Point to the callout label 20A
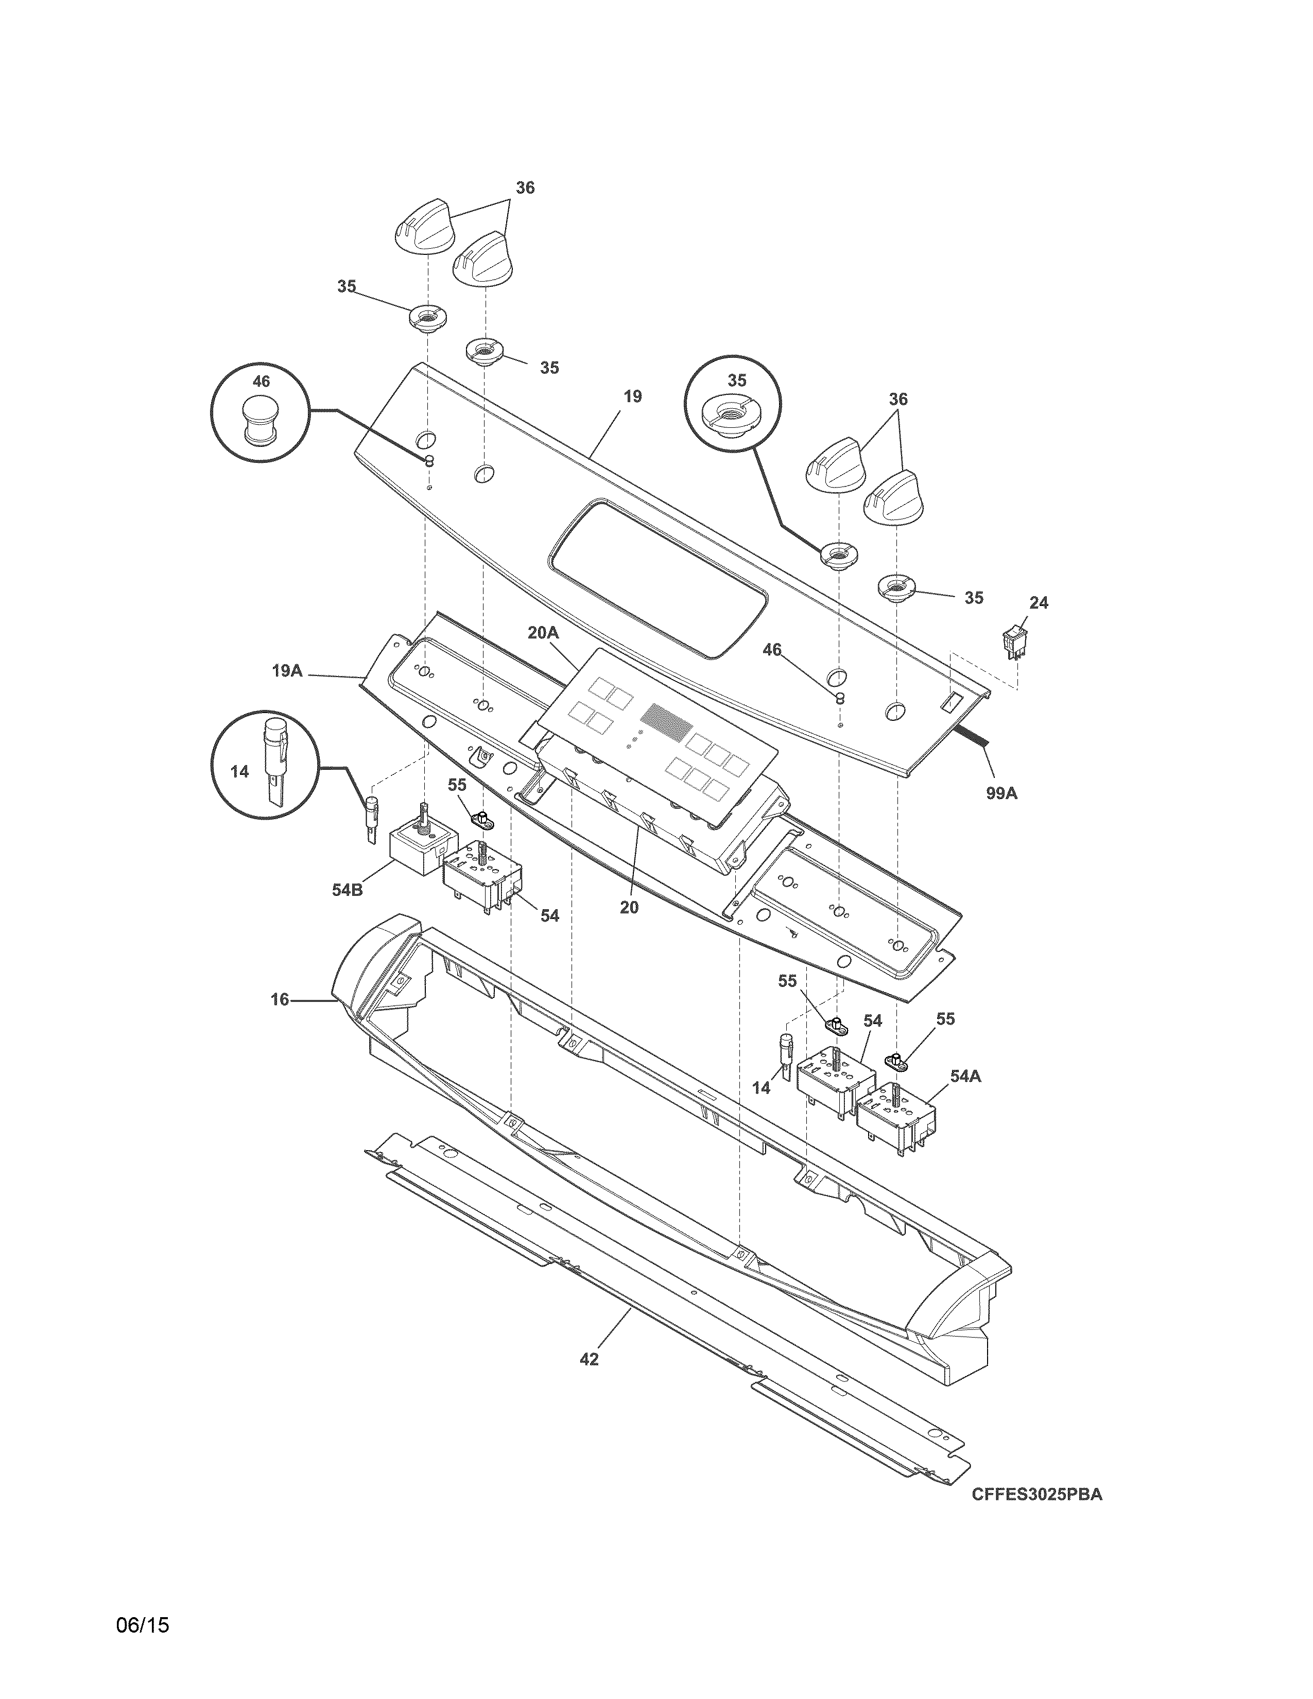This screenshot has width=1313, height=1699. point(543,632)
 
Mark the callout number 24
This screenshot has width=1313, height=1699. point(1039,602)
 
